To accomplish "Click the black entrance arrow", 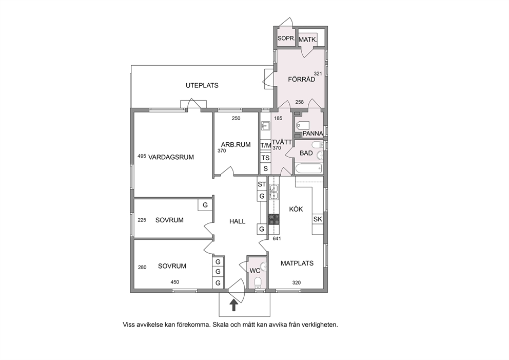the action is [x=233, y=306].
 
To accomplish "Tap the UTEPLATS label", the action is [x=202, y=85].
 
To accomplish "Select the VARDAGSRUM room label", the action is [x=171, y=157].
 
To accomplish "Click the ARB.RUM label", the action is [x=236, y=145].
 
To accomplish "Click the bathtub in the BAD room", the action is [x=308, y=168].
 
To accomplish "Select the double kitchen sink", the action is [x=273, y=192].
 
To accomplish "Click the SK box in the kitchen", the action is [x=318, y=219].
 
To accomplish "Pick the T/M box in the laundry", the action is [x=266, y=145].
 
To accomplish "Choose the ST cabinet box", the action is [x=262, y=184].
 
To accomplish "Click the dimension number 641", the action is [x=277, y=238].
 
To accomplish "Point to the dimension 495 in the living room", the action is [x=142, y=156].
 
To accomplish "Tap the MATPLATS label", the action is [x=297, y=263].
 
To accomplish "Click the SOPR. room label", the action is [x=286, y=39].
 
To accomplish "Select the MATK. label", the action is [x=308, y=40].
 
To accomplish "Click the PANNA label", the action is [x=313, y=134].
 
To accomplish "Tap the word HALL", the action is [x=237, y=221].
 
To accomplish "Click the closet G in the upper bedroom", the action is [x=205, y=205].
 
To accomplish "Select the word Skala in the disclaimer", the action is [x=220, y=324].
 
